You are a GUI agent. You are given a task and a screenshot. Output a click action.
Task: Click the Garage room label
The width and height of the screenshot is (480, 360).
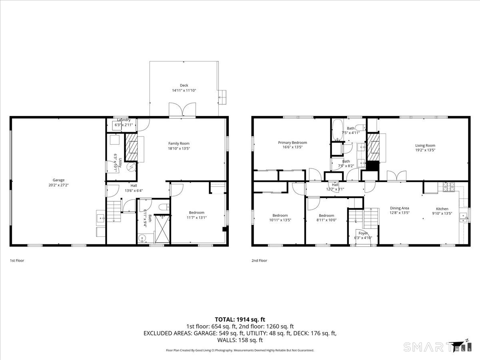coord(58,180)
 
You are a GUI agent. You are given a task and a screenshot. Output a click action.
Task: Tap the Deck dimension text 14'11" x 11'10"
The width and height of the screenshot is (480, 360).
coord(184,90)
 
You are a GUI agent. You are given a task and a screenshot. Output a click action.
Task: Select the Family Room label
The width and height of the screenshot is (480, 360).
coord(179,143)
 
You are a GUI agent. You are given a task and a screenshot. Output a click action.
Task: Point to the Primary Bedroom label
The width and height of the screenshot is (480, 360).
coord(292,142)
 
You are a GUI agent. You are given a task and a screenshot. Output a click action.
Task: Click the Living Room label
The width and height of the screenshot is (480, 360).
coord(425,146)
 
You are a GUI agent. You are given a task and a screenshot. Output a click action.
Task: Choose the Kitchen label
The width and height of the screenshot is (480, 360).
coord(442,208)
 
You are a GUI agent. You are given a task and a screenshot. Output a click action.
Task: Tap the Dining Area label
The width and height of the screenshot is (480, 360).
coord(400,208)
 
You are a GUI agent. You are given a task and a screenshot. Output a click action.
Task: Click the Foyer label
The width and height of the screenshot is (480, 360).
coord(363,233)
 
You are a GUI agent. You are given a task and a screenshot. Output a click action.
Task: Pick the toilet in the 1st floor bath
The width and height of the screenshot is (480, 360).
coord(163,206)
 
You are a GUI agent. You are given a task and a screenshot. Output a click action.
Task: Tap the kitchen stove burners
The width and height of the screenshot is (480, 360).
coord(449,185)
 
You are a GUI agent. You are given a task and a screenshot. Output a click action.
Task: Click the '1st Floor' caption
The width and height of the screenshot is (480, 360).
coord(17,260)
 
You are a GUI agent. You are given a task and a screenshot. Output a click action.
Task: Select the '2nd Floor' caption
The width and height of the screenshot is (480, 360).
coord(259,260)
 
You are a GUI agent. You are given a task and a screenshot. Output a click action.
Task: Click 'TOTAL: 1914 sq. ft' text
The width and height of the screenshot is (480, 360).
coord(240,319)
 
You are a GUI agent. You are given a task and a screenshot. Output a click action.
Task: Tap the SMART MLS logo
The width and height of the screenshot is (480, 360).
coord(436,346)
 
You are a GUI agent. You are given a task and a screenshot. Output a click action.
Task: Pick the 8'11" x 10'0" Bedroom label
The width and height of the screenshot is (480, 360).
coord(326,216)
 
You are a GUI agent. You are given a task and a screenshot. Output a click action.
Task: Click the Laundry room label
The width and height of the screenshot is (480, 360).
coord(124,120)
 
